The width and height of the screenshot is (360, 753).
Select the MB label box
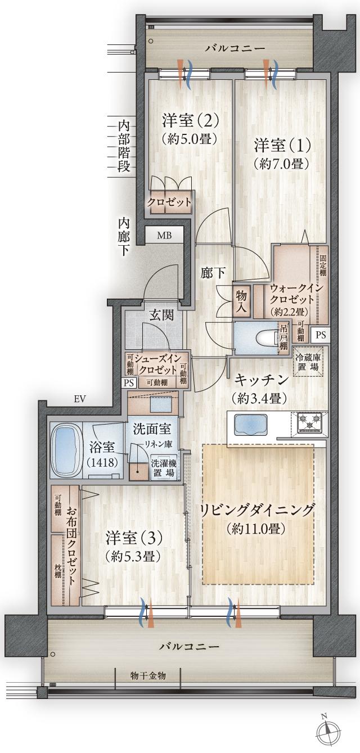point(164,235)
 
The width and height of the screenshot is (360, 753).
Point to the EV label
point(79,399)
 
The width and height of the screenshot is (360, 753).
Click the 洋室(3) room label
point(134,538)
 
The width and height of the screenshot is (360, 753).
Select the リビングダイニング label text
point(257,511)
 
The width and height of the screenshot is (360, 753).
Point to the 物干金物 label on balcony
point(148,675)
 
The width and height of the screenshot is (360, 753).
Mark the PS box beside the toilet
point(320,335)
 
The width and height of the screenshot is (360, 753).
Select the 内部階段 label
point(124,145)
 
